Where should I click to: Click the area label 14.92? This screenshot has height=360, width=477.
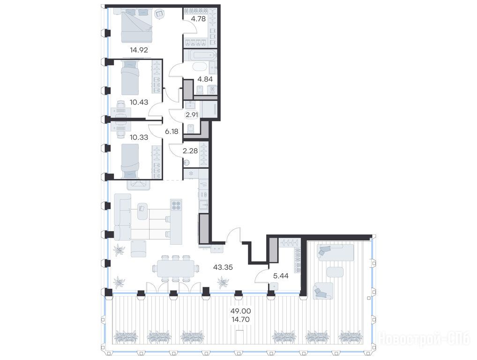click(139, 50)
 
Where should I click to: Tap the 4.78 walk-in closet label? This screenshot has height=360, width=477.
click(198, 19)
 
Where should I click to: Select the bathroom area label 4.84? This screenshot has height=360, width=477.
click(205, 79)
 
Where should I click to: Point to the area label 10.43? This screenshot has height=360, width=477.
click(139, 102)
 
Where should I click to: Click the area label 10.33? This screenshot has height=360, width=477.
click(139, 137)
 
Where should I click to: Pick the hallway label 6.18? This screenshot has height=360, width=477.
click(171, 131)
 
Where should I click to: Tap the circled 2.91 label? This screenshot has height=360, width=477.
click(192, 115)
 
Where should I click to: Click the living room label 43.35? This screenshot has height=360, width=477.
click(223, 267)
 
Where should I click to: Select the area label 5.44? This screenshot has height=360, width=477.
click(281, 276)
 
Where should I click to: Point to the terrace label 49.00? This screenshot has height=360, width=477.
click(240, 311)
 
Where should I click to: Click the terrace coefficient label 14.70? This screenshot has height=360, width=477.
click(240, 319)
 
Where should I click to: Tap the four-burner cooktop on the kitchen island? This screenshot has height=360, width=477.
click(176, 205)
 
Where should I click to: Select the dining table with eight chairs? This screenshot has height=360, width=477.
click(176, 269)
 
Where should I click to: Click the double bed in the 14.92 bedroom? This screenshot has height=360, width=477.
click(137, 26)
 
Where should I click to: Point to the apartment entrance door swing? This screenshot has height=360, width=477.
click(233, 234)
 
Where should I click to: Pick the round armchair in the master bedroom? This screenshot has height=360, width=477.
click(159, 14)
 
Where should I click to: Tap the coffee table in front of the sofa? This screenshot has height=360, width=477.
click(143, 211)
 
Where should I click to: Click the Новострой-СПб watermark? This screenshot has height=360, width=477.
click(424, 339)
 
